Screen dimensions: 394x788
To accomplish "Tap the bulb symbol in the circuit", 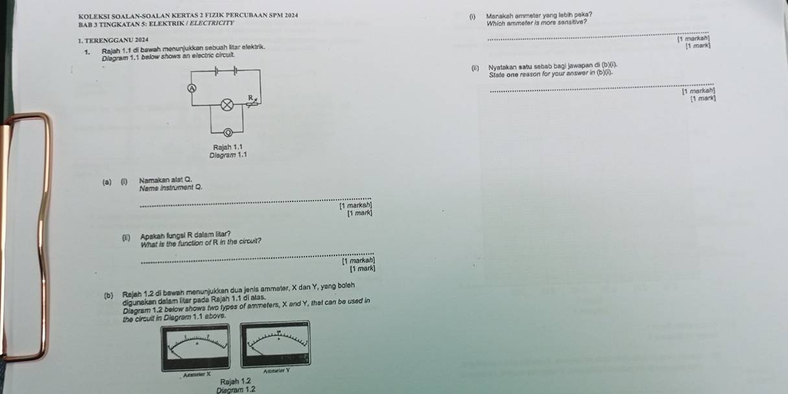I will tap(227, 105).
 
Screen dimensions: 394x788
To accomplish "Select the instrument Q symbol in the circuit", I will tap(228, 132).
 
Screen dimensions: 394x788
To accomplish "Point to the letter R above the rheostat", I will tap(248, 95).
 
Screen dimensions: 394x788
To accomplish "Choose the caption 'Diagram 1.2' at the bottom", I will tap(226, 389).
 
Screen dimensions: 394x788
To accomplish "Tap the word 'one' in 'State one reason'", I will tap(516, 73).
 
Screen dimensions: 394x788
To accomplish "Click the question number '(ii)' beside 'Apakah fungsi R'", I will tap(125, 234).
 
